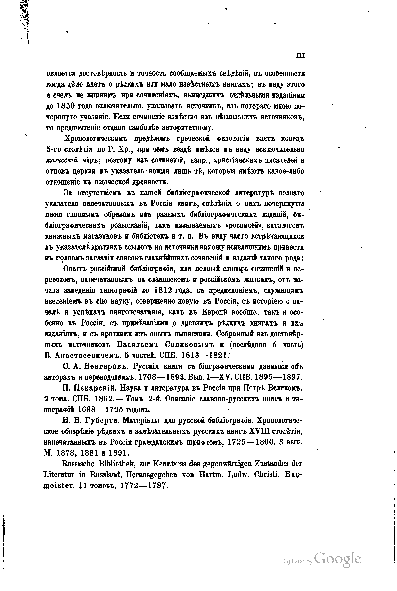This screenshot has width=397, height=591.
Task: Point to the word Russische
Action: click(78, 464)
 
